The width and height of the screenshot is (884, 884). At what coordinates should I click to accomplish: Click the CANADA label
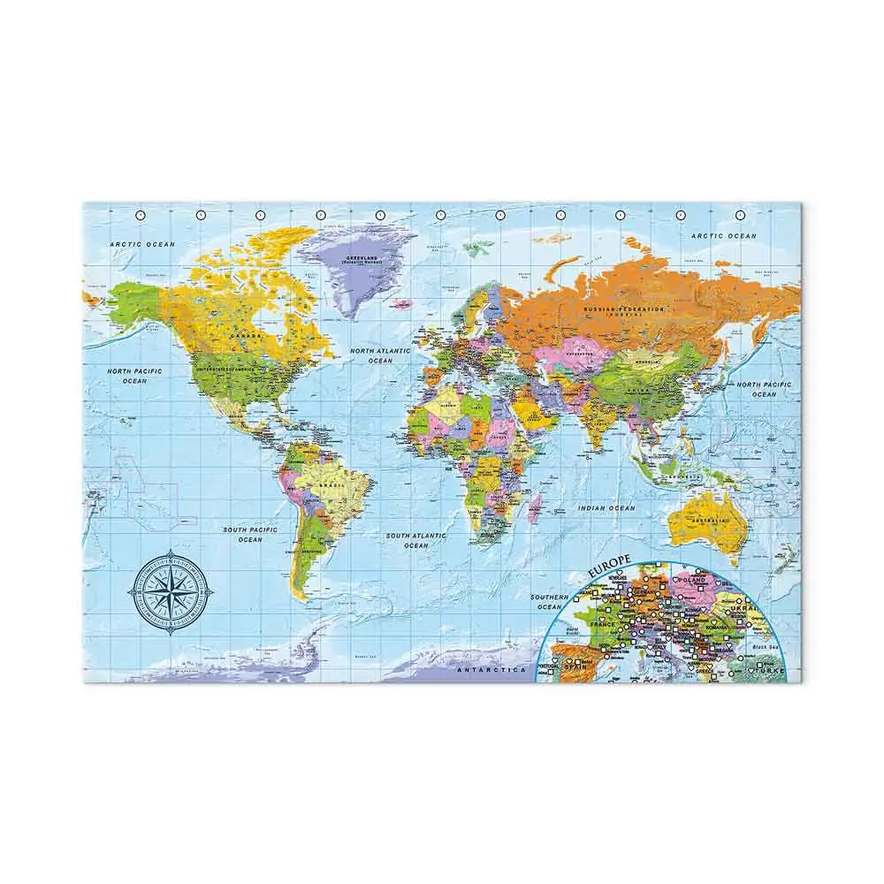point(243,336)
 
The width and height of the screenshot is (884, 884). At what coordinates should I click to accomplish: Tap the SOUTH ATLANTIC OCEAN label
point(415,540)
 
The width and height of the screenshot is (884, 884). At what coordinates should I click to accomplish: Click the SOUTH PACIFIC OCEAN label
point(250,534)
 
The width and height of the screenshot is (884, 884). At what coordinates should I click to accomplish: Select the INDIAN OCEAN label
point(607,508)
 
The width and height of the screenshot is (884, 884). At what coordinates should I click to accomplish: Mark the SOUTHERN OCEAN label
point(549,602)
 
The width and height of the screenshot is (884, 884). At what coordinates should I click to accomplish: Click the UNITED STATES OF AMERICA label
point(227,366)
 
